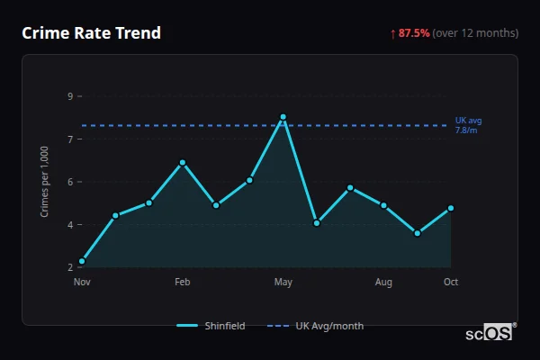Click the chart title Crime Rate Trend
pyautogui.click(x=92, y=33)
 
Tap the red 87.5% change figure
pyautogui.click(x=414, y=33)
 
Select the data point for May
pyautogui.click(x=283, y=117)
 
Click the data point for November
pyautogui.click(x=82, y=261)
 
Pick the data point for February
pyautogui.click(x=182, y=163)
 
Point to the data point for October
pyautogui.click(x=451, y=208)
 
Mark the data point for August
pyautogui.click(x=383, y=205)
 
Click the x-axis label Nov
pyautogui.click(x=82, y=283)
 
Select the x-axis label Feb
pyautogui.click(x=182, y=283)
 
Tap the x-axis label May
pyautogui.click(x=283, y=283)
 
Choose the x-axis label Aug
pyautogui.click(x=383, y=283)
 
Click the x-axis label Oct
pyautogui.click(x=451, y=283)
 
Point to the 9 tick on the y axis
pyautogui.click(x=70, y=96)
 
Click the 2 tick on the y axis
pyautogui.click(x=70, y=267)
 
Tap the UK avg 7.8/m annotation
pyautogui.click(x=469, y=125)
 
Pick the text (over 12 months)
pyautogui.click(x=475, y=33)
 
